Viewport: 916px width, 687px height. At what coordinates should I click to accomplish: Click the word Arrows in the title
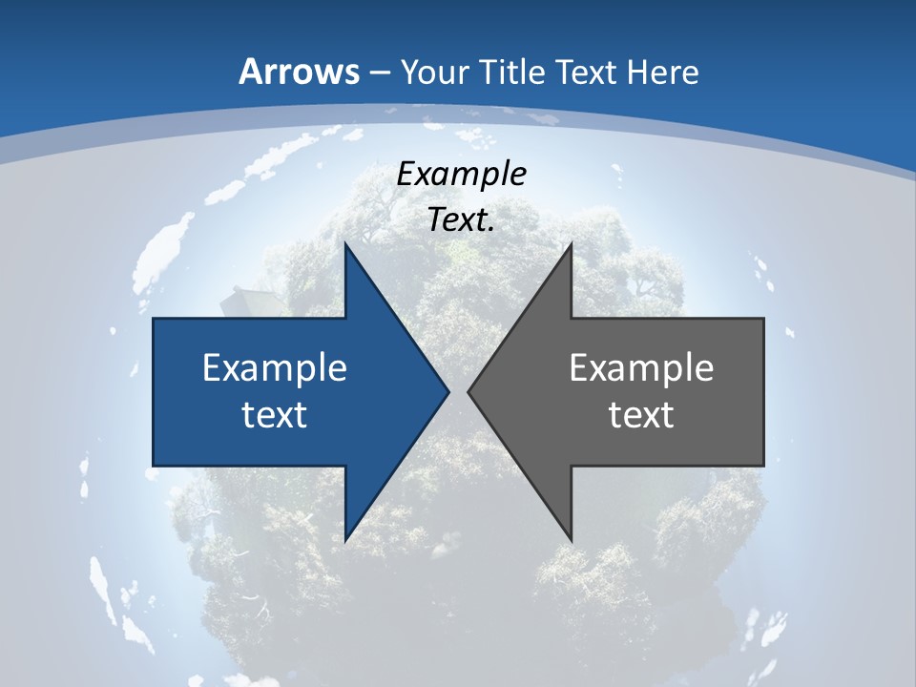(x=299, y=72)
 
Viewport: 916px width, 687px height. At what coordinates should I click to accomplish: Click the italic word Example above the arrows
(x=462, y=174)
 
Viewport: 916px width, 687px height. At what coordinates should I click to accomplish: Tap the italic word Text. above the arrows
(x=462, y=220)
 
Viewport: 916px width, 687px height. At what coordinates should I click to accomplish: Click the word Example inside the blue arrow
(x=275, y=367)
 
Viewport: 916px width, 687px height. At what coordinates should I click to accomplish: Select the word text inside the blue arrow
(x=275, y=415)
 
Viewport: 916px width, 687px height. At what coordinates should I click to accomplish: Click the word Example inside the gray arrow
(x=641, y=367)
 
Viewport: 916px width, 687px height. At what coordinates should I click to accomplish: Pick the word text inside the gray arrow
(x=641, y=415)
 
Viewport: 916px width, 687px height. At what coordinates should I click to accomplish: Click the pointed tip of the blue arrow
(x=448, y=391)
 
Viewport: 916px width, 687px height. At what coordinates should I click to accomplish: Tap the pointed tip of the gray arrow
(x=468, y=391)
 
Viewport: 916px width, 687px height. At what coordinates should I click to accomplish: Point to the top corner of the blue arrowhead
(x=345, y=243)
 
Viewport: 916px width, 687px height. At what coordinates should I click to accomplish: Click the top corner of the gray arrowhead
(x=571, y=243)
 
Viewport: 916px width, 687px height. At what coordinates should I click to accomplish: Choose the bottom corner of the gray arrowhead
(x=571, y=541)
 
